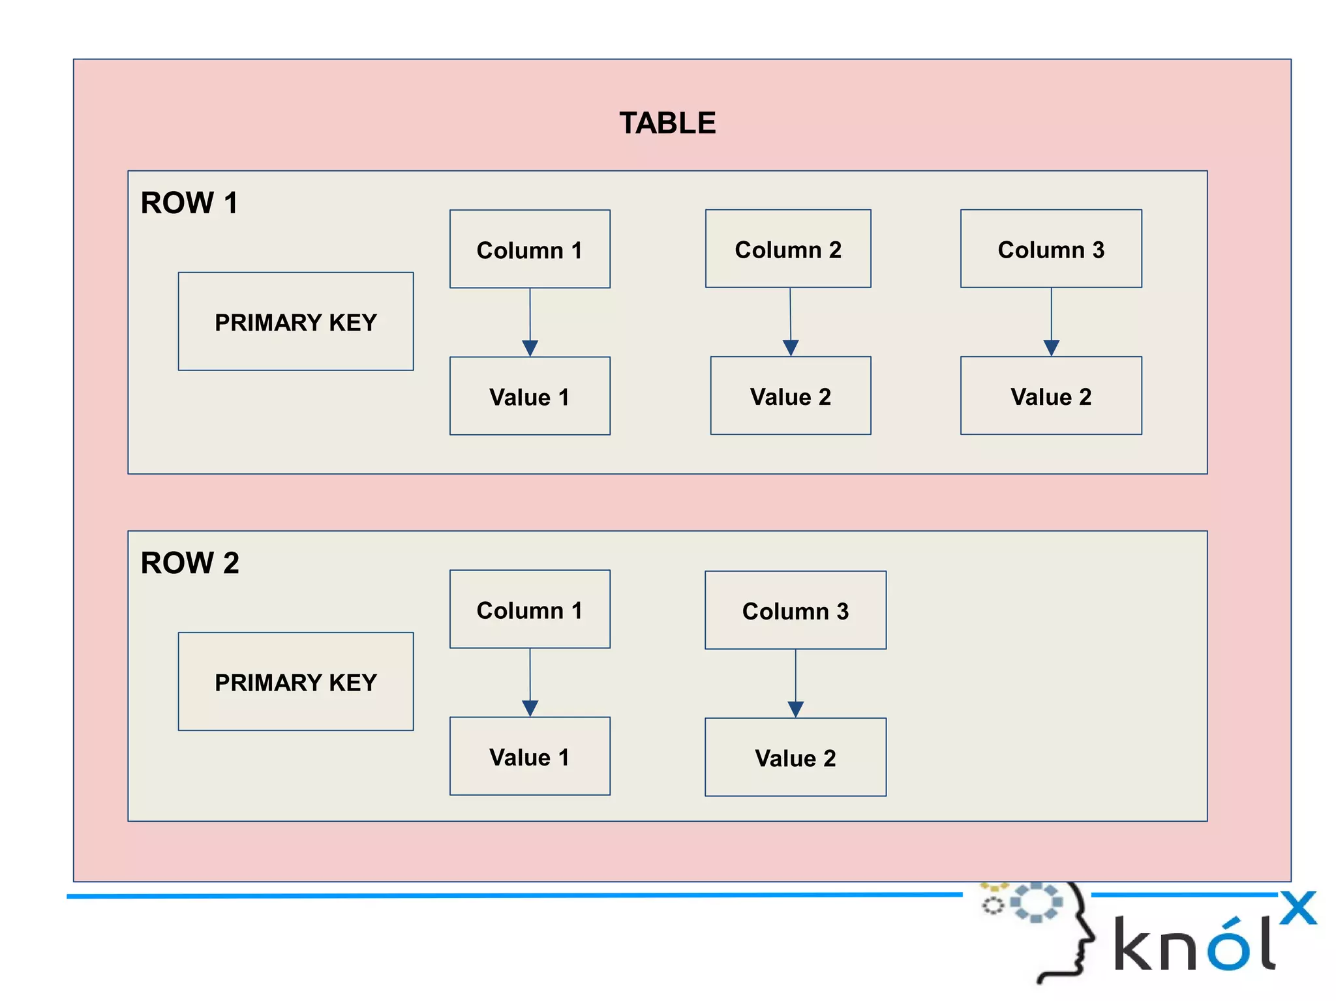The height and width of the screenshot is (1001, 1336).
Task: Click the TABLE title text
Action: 667,123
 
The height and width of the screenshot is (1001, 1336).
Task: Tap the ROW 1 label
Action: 189,203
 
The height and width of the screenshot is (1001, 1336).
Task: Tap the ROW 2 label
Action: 190,563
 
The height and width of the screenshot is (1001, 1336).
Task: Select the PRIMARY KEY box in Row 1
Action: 296,321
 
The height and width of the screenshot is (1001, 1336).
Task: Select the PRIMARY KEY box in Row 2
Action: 296,681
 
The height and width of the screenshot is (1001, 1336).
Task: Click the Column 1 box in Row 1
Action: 530,249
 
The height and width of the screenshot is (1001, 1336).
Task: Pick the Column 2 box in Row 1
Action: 788,248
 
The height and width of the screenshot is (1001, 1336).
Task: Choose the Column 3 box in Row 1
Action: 1051,248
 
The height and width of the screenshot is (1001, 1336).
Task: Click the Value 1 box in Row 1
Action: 530,396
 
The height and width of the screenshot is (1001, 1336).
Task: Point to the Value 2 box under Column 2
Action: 791,396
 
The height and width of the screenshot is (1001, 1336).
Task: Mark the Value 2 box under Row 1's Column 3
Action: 1051,396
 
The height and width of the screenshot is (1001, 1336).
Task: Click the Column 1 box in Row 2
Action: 530,609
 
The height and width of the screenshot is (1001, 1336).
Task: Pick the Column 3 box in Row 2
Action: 795,610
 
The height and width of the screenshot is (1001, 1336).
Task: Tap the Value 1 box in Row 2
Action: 530,756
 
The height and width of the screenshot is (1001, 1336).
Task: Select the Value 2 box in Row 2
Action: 795,757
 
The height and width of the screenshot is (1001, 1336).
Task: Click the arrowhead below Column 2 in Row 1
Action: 791,347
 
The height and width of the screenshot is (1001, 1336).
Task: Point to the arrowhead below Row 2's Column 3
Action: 795,708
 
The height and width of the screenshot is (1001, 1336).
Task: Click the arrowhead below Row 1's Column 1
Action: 530,347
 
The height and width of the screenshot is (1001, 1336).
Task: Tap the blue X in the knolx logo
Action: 1298,908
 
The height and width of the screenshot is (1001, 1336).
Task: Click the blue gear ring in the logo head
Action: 1036,903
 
